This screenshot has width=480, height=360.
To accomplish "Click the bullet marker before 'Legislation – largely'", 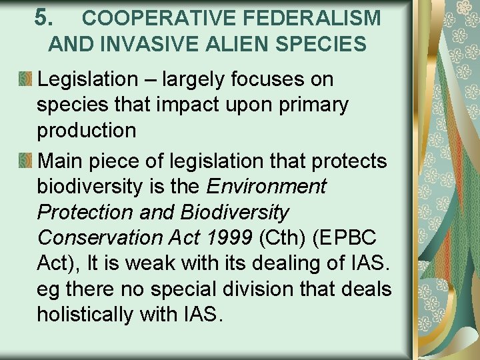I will point(25,80).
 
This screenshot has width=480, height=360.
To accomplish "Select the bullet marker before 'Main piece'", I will point(25,161).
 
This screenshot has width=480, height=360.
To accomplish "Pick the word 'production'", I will point(86,131).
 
